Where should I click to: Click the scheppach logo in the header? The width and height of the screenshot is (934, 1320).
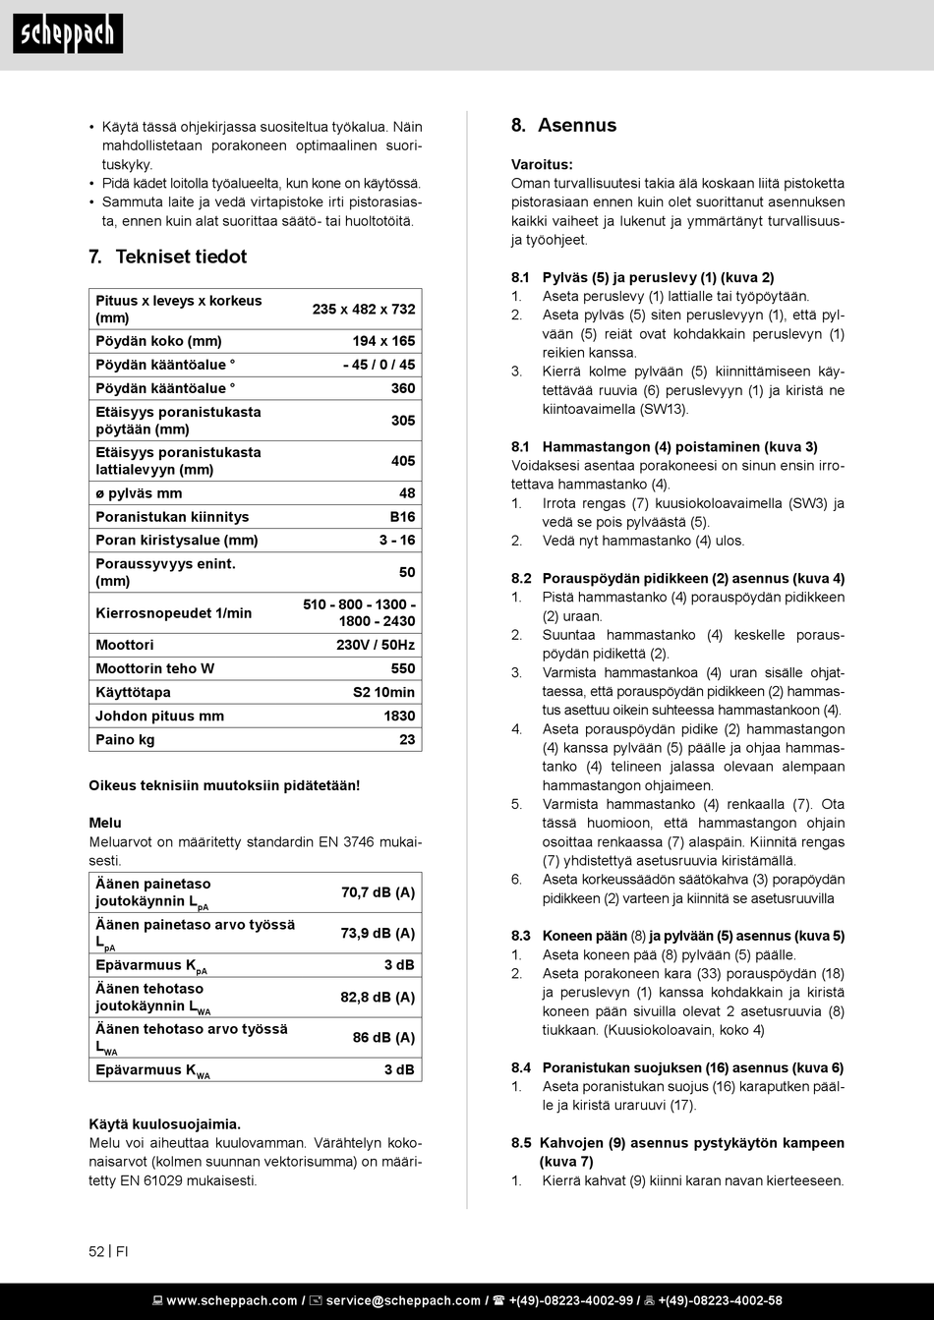(68, 34)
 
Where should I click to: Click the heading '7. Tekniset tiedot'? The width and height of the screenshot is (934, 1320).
(167, 257)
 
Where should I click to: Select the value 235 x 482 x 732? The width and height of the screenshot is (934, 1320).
(364, 309)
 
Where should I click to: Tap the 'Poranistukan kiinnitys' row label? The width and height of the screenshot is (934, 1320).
(172, 517)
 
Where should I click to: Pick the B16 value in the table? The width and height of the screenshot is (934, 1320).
(403, 517)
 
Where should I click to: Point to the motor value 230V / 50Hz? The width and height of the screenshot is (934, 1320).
(376, 645)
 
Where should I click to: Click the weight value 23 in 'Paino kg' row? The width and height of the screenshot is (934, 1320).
(407, 739)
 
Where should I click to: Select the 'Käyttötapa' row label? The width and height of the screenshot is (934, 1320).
(133, 692)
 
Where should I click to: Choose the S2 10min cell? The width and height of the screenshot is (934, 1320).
(383, 692)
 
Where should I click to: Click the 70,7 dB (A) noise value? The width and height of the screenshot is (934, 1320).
(378, 892)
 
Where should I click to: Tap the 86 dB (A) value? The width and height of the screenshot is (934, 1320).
(383, 1037)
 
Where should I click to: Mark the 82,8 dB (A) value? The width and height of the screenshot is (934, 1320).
(378, 997)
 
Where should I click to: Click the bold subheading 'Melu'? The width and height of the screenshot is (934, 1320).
(105, 823)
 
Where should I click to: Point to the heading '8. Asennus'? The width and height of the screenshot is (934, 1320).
(563, 125)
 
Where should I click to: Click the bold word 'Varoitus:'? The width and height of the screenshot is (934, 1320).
(542, 164)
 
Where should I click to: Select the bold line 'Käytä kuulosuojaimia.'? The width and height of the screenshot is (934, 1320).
(164, 1123)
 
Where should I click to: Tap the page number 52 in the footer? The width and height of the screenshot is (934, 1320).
(96, 1251)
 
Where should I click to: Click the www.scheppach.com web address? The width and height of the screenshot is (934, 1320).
(231, 1300)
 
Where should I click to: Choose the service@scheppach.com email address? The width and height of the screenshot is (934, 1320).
(403, 1300)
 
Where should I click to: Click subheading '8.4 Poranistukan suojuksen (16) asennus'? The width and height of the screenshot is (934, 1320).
(676, 1067)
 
